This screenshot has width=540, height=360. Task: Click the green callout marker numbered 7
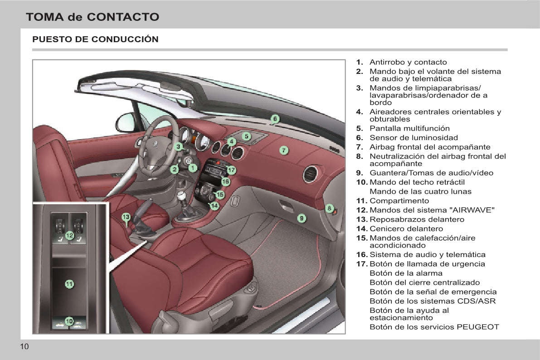(284, 150)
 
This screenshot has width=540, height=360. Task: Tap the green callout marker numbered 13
(126, 217)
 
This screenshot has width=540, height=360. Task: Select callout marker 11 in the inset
(69, 284)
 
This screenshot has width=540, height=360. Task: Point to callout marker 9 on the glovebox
(302, 218)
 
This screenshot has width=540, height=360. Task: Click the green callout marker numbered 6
(275, 119)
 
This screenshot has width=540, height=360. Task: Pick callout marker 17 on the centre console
(231, 170)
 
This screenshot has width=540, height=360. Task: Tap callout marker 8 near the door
(329, 208)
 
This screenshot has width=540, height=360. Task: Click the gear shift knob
(181, 196)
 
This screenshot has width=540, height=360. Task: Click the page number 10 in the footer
(24, 346)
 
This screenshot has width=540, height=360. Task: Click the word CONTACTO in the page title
(123, 17)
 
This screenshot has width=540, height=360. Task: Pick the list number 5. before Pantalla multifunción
(360, 128)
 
